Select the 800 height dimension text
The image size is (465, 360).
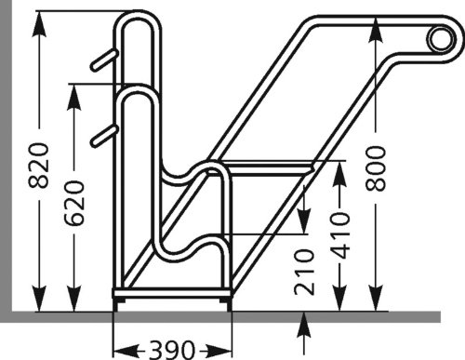pyautogui.click(x=375, y=167)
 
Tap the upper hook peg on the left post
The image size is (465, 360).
pyautogui.click(x=102, y=60)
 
